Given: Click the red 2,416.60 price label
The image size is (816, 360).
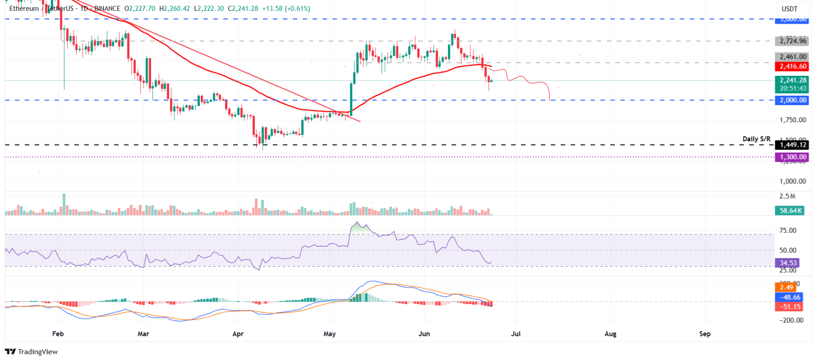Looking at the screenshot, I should pyautogui.click(x=792, y=67).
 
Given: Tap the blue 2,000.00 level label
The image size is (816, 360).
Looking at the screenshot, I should pyautogui.click(x=792, y=100).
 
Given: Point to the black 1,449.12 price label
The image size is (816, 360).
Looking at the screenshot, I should pyautogui.click(x=792, y=145).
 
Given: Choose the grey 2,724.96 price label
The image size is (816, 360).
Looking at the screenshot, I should pyautogui.click(x=792, y=41).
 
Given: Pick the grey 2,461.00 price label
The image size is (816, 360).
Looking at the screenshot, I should pyautogui.click(x=792, y=57).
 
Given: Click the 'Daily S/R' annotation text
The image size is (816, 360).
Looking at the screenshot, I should pyautogui.click(x=756, y=139).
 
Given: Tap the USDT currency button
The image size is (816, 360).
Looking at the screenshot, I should pyautogui.click(x=789, y=9).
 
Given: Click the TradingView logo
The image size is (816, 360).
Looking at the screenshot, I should pyautogui.click(x=31, y=351).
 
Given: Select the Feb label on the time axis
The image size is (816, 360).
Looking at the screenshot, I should pyautogui.click(x=58, y=334).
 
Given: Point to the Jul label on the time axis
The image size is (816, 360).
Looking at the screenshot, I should pyautogui.click(x=516, y=334).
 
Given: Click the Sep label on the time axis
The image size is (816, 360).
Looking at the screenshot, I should pyautogui.click(x=705, y=334).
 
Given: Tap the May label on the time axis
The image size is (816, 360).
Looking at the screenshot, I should pyautogui.click(x=330, y=334).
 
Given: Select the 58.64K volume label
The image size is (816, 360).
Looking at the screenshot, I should pyautogui.click(x=790, y=211).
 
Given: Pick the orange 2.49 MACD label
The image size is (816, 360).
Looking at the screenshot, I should pyautogui.click(x=786, y=288).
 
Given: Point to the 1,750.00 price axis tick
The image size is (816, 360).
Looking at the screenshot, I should pyautogui.click(x=792, y=120).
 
